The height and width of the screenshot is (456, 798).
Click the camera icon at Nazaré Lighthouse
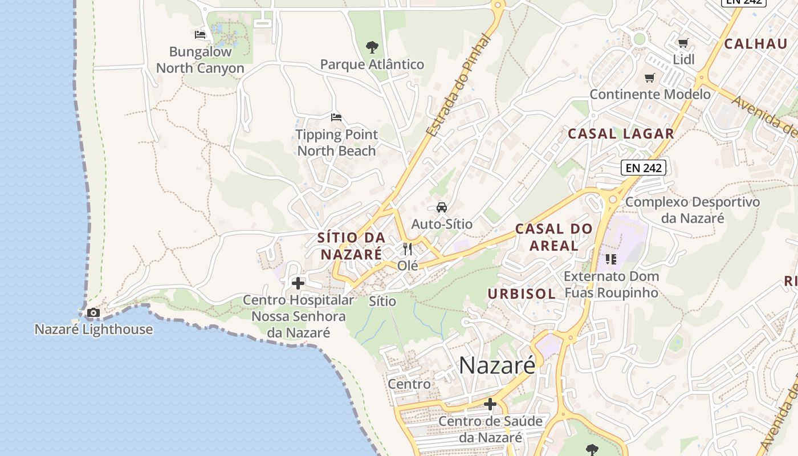tap(93, 312)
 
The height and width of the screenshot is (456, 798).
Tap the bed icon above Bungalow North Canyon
tap(199, 35)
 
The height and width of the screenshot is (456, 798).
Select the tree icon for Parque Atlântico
tap(372, 47)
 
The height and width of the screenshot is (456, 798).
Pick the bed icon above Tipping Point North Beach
tap(336, 117)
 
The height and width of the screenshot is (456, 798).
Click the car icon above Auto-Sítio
tap(442, 207)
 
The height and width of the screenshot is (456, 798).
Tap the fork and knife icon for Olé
tap(407, 249)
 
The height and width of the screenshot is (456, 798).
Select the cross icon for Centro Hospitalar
tap(298, 283)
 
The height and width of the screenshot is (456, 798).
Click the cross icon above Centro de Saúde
tap(490, 404)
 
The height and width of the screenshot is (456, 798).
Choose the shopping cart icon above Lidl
tap(683, 43)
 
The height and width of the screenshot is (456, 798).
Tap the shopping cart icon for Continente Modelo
tap(649, 78)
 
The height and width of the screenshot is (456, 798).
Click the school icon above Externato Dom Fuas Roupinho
tap(611, 260)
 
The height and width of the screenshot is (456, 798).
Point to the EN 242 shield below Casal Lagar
tap(644, 168)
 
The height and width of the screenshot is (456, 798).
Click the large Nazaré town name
tap(497, 365)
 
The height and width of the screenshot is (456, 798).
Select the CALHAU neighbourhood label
tap(755, 44)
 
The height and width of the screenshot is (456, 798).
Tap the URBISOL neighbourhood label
tap(522, 294)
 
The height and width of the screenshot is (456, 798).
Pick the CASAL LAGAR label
tap(621, 134)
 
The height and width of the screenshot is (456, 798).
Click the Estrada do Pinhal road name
tap(459, 85)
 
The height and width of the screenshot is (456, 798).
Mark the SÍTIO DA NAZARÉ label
tap(351, 246)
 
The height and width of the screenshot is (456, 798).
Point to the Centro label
tap(409, 384)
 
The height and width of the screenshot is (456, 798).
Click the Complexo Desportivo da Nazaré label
tap(693, 210)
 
